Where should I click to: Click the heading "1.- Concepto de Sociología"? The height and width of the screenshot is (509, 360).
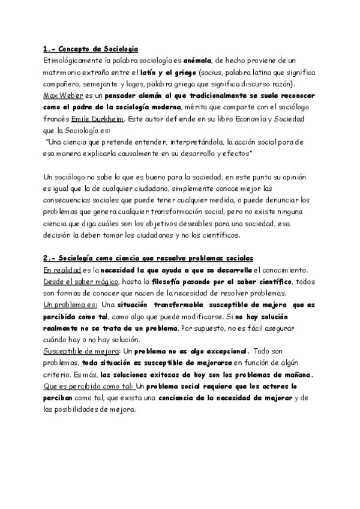[91, 49]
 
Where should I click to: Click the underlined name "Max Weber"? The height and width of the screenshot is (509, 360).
[62, 95]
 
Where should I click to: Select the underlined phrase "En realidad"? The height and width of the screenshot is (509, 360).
[62, 270]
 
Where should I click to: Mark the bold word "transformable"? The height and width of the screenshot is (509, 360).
[184, 304]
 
